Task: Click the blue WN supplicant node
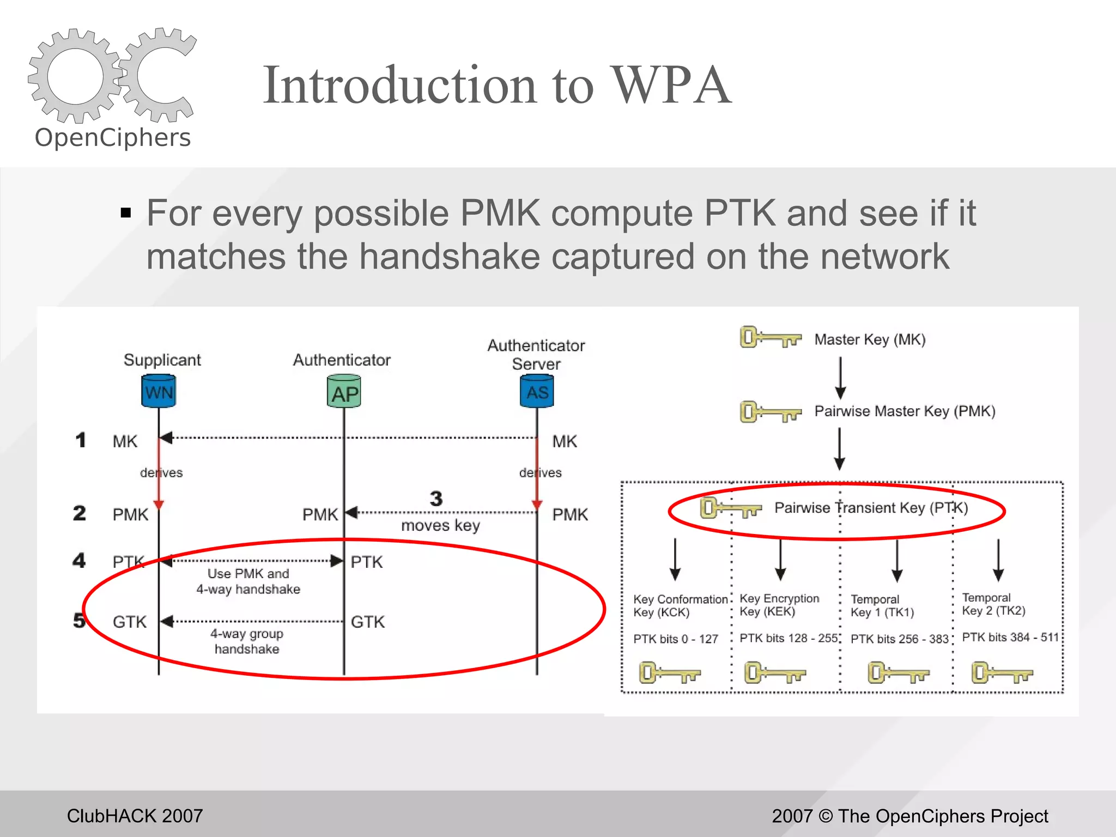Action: click(159, 391)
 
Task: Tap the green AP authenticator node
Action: click(344, 392)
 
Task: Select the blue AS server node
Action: click(537, 391)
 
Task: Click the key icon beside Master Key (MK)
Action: click(770, 338)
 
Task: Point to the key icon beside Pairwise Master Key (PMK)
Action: click(770, 412)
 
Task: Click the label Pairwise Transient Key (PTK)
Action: click(871, 508)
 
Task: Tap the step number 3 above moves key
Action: click(436, 499)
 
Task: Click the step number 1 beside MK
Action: click(81, 440)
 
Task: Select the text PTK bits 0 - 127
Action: click(676, 639)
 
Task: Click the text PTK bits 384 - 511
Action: click(1010, 637)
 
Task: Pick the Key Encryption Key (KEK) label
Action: click(779, 605)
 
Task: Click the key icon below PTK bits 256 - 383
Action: click(898, 672)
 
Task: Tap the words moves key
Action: click(440, 525)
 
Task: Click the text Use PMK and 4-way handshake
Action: click(248, 581)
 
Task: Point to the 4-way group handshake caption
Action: click(247, 641)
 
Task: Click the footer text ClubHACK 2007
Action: click(135, 816)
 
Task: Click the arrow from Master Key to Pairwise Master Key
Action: click(840, 378)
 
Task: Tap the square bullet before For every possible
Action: click(126, 213)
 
